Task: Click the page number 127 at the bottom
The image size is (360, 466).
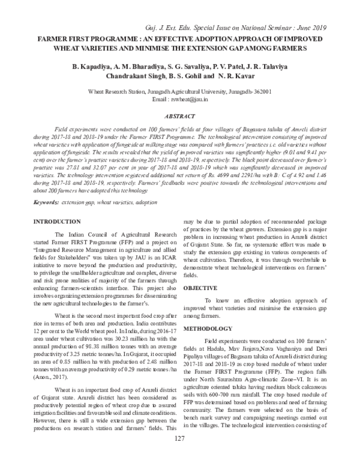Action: point(179,456)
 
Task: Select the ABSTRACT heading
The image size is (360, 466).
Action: point(180,116)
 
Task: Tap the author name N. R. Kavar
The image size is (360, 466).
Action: point(236,77)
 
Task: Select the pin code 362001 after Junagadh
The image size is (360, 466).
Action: point(259,91)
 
